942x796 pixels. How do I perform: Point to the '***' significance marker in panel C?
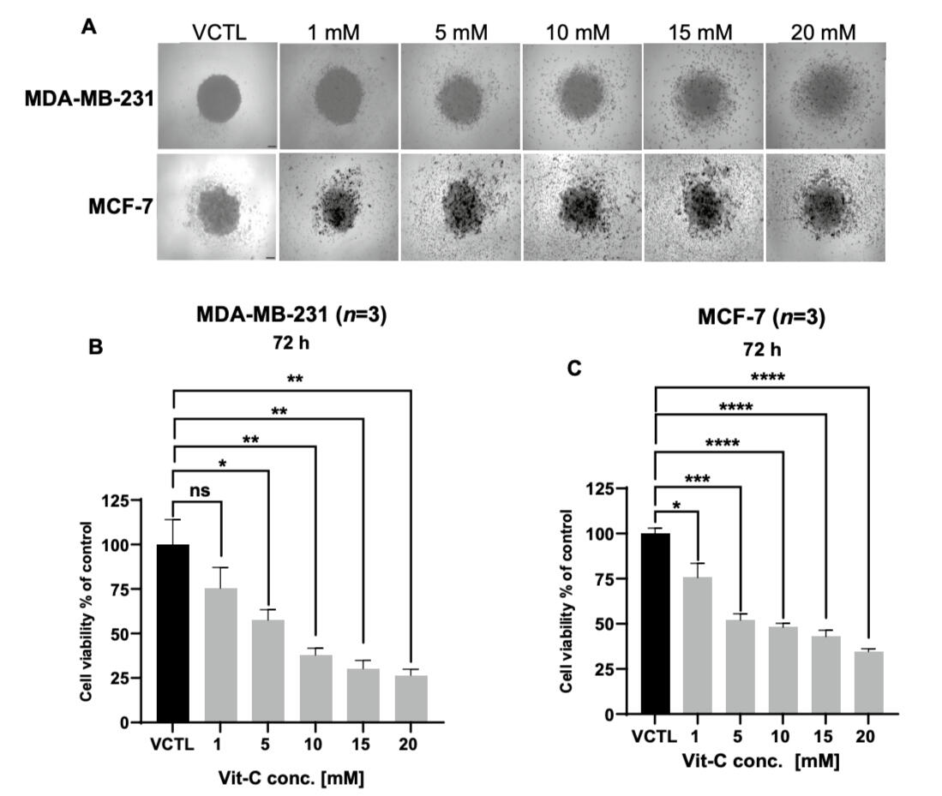pyautogui.click(x=697, y=479)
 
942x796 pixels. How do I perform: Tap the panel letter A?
pyautogui.click(x=87, y=26)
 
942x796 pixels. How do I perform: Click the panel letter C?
pyautogui.click(x=575, y=368)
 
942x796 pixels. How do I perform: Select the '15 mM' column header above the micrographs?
pyautogui.click(x=700, y=32)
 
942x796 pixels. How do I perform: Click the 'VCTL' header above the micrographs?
pyautogui.click(x=219, y=32)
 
